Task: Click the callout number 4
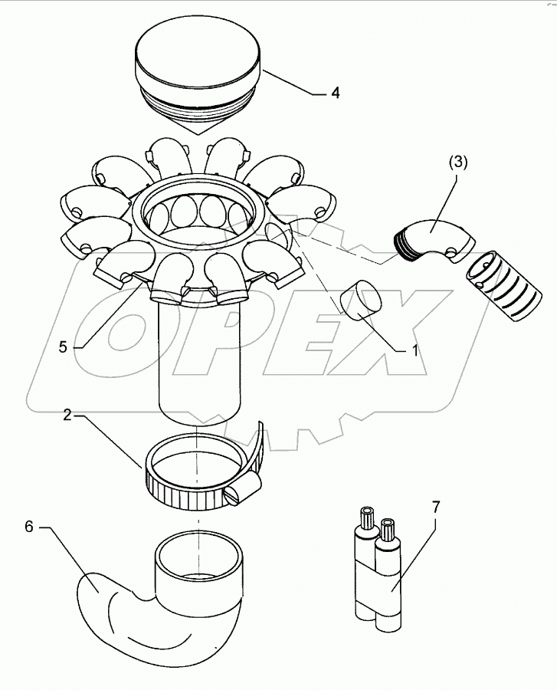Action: [335, 94]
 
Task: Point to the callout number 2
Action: [67, 416]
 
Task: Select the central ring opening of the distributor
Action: [199, 211]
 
